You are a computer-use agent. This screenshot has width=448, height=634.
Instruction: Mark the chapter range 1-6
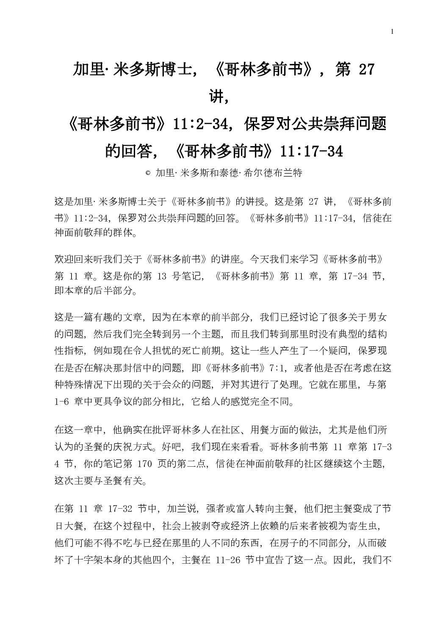(61, 401)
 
